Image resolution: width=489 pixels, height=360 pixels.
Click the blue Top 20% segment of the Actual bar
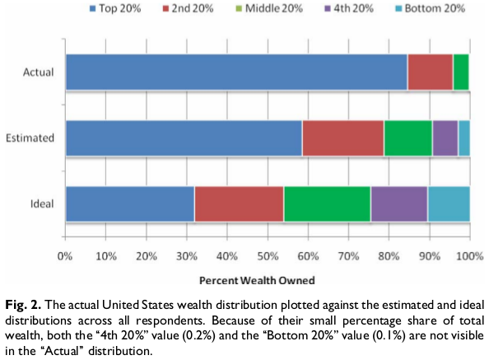point(236,72)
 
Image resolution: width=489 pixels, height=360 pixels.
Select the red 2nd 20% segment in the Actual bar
point(430,72)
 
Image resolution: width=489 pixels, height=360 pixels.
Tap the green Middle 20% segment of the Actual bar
point(461,72)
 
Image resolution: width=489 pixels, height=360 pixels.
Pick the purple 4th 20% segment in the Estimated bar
point(445,138)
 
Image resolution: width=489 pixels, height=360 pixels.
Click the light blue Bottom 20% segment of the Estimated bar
point(463,138)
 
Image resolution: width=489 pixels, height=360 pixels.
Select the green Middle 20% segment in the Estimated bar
point(407,138)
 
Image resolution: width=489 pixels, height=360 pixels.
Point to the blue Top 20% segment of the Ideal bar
point(129,203)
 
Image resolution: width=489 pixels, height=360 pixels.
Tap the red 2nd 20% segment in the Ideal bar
point(239,203)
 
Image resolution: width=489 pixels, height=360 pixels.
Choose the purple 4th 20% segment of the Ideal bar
point(398,203)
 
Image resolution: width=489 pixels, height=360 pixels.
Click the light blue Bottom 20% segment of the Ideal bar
point(448,203)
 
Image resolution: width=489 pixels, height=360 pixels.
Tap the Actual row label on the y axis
point(38,72)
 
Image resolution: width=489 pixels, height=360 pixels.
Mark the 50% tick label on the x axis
point(268,255)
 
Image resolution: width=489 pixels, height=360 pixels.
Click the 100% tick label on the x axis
point(469,255)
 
